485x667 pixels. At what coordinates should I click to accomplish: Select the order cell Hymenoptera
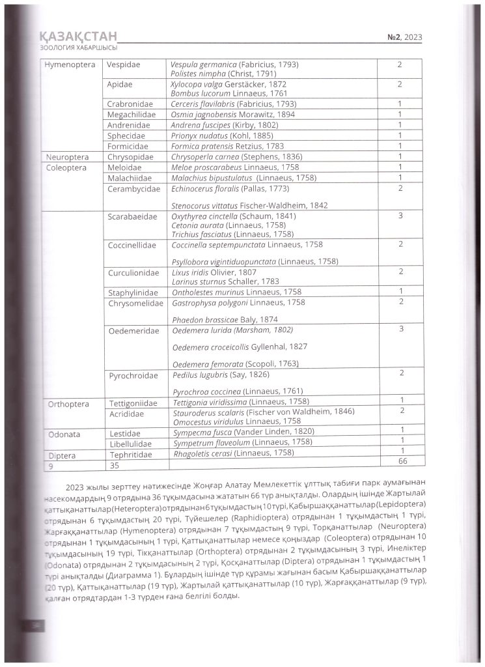(x=70, y=65)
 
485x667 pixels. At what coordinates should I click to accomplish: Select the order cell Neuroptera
(x=68, y=156)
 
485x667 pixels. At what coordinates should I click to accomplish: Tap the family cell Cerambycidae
(x=132, y=189)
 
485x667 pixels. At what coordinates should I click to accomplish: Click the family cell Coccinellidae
(x=132, y=245)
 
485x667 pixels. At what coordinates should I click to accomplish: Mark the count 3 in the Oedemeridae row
(x=401, y=329)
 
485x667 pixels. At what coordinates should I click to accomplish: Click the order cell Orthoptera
(x=68, y=404)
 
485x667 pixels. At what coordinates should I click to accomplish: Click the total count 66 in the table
(x=402, y=461)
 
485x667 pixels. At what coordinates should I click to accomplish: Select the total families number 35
(x=114, y=465)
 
